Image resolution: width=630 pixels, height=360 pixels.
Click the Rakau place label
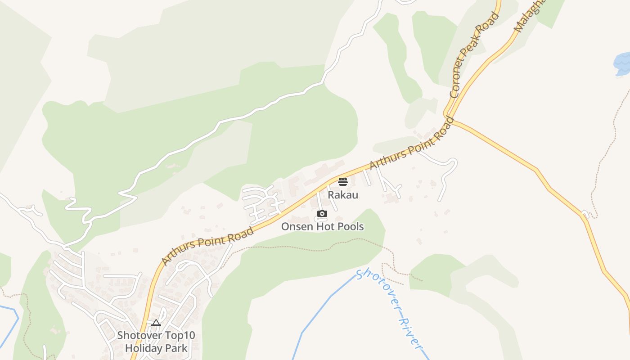pyautogui.click(x=343, y=195)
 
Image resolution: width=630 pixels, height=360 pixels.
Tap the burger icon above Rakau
pyautogui.click(x=343, y=182)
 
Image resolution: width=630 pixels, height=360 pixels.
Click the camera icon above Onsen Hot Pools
pyautogui.click(x=322, y=214)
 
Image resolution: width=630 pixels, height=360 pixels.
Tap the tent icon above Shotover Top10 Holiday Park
pyautogui.click(x=156, y=323)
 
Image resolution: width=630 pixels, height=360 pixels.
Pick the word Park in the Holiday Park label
pyautogui.click(x=176, y=348)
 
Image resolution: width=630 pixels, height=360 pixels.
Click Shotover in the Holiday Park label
pyautogui.click(x=137, y=335)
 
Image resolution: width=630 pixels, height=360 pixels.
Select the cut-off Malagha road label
pyautogui.click(x=529, y=15)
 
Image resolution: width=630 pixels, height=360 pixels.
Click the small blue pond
pyautogui.click(x=622, y=63)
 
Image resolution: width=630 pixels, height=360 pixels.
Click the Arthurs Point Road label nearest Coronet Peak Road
pyautogui.click(x=412, y=144)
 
